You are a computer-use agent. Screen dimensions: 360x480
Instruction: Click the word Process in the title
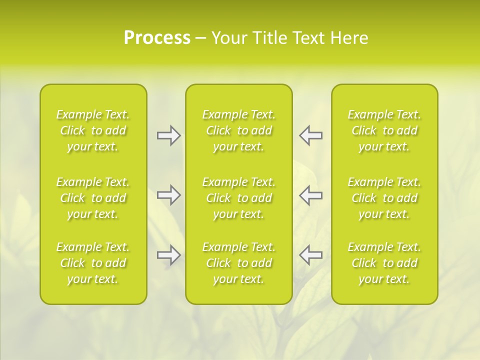click(157, 38)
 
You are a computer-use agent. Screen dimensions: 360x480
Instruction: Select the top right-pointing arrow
click(168, 135)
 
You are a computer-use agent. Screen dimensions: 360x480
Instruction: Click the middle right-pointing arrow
click(168, 195)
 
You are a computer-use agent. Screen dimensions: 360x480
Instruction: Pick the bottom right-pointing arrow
click(168, 255)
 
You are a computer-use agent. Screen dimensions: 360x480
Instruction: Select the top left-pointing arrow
click(310, 135)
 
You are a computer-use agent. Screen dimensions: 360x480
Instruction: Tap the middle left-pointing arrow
click(310, 195)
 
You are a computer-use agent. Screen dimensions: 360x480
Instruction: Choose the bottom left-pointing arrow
click(310, 255)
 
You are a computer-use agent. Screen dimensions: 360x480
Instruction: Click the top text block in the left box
click(93, 130)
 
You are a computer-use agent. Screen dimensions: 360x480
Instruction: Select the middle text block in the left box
click(93, 198)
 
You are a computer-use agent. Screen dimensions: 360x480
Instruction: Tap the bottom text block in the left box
click(93, 263)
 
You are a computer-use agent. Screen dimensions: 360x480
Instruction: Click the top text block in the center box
click(239, 130)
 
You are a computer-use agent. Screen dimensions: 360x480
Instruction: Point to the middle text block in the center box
click(239, 198)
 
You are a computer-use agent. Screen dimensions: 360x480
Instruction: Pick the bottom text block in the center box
click(239, 263)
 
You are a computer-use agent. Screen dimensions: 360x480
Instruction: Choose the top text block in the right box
click(384, 130)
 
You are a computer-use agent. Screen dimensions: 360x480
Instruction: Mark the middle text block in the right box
click(384, 198)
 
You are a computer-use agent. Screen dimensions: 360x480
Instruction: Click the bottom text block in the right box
click(384, 263)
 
